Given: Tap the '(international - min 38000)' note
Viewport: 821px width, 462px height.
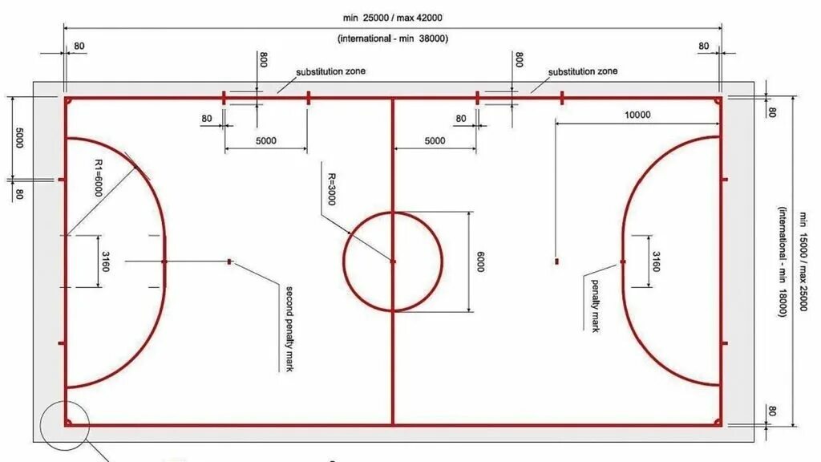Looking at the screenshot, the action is coord(392,38).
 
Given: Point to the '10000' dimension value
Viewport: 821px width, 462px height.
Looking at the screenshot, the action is coord(637,115).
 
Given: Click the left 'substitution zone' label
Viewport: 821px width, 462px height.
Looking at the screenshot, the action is coord(330,71).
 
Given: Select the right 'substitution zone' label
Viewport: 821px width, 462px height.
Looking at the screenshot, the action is coord(583,71).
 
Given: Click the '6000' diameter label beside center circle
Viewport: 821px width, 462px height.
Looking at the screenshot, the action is coord(480,262).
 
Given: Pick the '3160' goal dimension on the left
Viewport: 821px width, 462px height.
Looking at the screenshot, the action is coord(105,261).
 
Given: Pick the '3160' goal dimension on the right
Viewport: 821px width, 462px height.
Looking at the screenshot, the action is coord(656,261).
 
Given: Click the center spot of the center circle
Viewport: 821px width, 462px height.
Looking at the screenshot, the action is coord(393,261).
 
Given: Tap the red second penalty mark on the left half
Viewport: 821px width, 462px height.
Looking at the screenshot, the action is coord(230,261).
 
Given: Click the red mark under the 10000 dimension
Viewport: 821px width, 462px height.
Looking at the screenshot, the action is coord(556,261).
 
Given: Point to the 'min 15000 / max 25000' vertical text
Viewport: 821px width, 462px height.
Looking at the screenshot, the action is coord(800,262).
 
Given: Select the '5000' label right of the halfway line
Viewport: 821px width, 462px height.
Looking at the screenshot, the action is coord(435,141).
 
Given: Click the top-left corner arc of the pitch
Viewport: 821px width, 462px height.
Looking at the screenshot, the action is coord(69,101).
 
